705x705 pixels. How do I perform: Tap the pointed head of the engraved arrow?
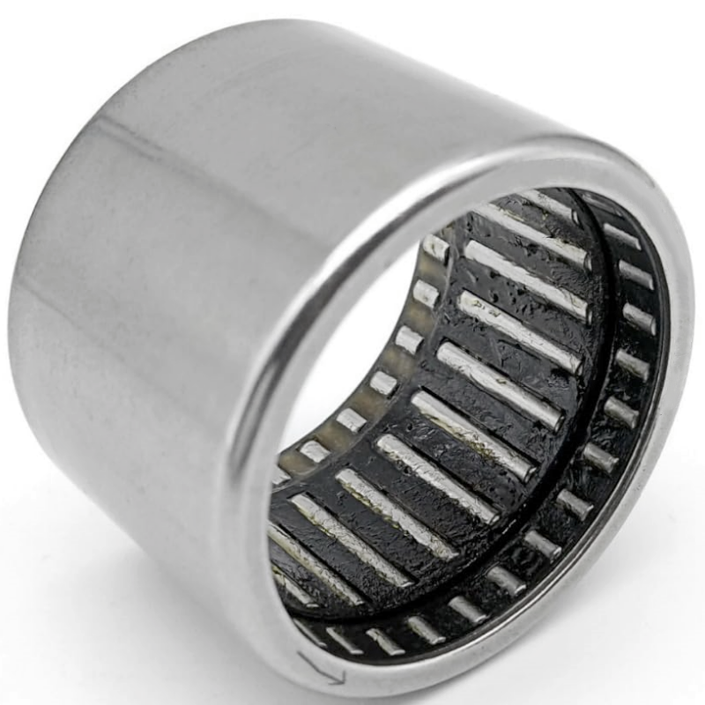coord(339,678)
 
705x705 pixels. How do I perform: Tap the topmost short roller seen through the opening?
coord(435,247)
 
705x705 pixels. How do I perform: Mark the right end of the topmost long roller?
coord(582,256)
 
